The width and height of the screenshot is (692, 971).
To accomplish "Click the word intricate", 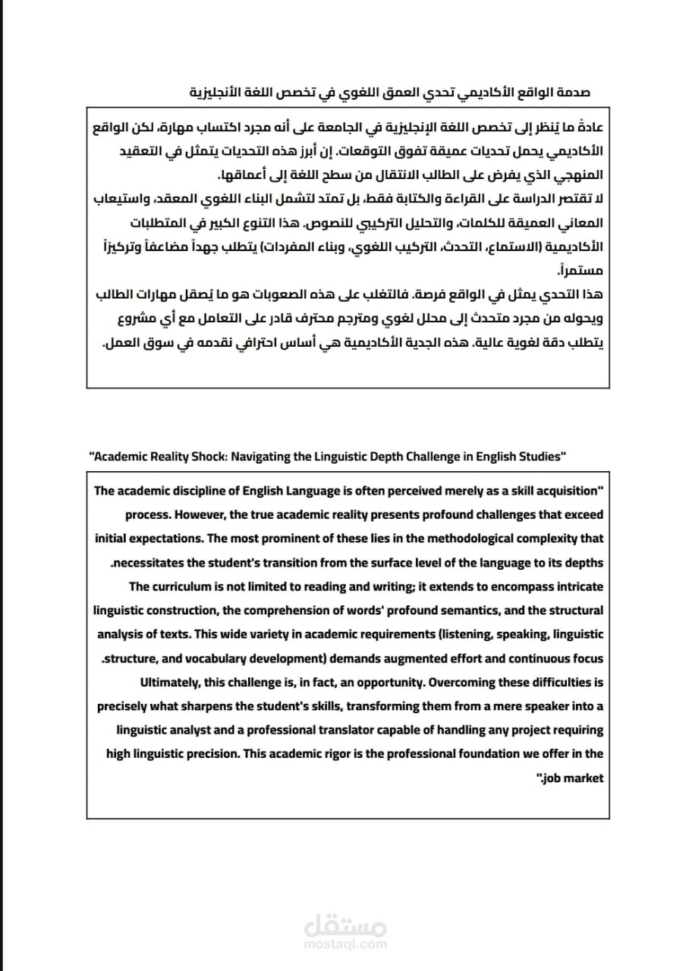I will pyautogui.click(x=579, y=586).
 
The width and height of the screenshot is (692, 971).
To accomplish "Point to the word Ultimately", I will pyautogui.click(x=168, y=682).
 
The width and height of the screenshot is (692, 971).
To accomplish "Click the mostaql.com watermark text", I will pyautogui.click(x=346, y=944).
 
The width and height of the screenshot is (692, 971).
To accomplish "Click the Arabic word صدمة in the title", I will pyautogui.click(x=573, y=93).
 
